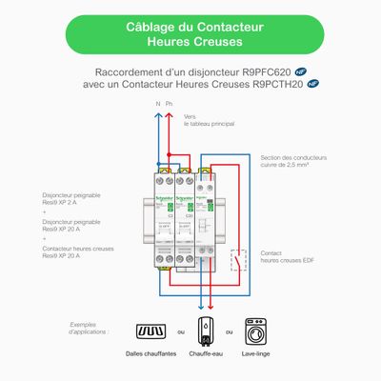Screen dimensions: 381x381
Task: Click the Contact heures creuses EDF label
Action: [292, 257]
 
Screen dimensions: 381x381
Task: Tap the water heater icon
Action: [204, 331]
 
